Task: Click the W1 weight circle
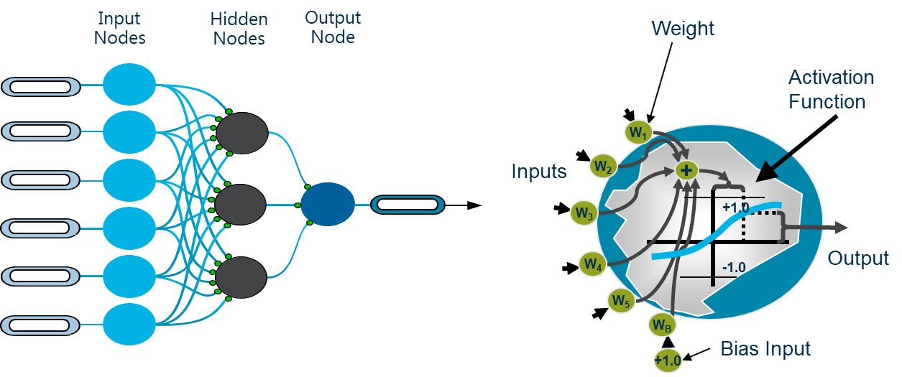638,132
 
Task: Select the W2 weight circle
603,167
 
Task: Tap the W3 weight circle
584,213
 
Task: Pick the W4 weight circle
592,264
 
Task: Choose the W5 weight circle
621,301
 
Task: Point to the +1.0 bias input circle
668,359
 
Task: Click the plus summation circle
686,170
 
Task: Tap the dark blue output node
327,205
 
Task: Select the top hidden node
242,133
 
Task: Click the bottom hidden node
242,278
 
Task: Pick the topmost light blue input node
129,84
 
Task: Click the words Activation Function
830,90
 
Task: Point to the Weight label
682,29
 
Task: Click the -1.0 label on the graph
733,267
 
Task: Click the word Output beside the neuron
858,258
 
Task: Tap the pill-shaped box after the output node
408,205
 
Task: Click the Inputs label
539,171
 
